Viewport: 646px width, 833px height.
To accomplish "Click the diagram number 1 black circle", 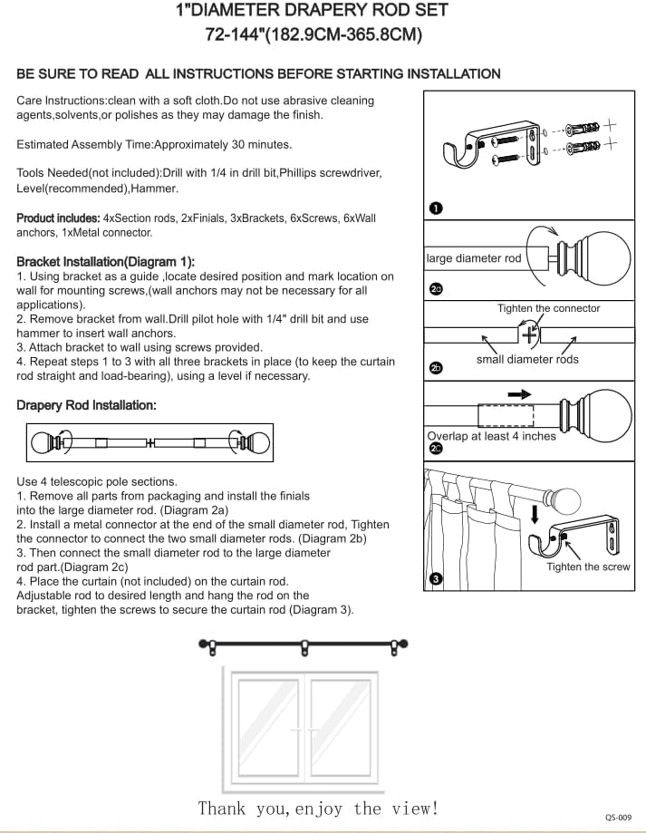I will tap(435, 209).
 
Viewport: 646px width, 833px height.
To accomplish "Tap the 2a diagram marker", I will tap(436, 289).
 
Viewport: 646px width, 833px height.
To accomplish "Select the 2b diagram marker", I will tap(436, 368).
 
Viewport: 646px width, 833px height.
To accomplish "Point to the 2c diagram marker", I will tap(436, 449).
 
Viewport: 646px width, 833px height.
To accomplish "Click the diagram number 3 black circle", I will tap(435, 578).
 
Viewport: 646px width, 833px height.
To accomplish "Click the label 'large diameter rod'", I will tap(474, 258).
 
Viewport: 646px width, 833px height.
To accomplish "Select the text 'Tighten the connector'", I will tap(548, 308).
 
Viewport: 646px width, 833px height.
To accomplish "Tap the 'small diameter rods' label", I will tap(527, 359).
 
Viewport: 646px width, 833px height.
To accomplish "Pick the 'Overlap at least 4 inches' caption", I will tap(491, 436).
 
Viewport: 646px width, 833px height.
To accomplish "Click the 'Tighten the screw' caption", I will tap(588, 567).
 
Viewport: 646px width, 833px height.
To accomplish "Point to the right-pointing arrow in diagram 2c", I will tap(519, 394).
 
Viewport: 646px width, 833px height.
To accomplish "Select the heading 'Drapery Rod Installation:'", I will tap(86, 405).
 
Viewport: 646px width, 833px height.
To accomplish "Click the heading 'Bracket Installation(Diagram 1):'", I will tap(105, 261).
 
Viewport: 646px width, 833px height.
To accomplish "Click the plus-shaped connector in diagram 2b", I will tap(530, 334).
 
